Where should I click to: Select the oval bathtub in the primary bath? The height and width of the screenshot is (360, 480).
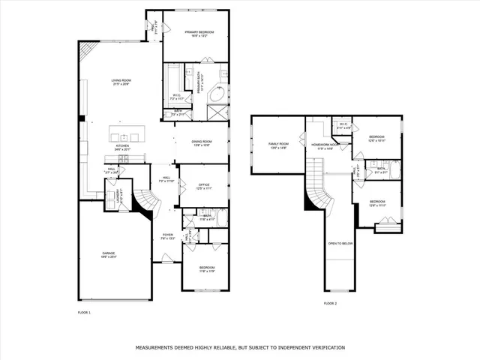click(217, 95)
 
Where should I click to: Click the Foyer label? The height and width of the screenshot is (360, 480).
click(168, 236)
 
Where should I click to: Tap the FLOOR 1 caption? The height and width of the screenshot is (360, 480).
click(84, 312)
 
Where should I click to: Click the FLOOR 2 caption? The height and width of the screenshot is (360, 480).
click(330, 303)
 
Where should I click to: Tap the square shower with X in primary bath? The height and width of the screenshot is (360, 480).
click(218, 113)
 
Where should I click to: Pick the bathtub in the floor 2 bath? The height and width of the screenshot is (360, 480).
click(394, 170)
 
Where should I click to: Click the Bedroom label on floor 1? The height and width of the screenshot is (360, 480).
click(206, 269)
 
